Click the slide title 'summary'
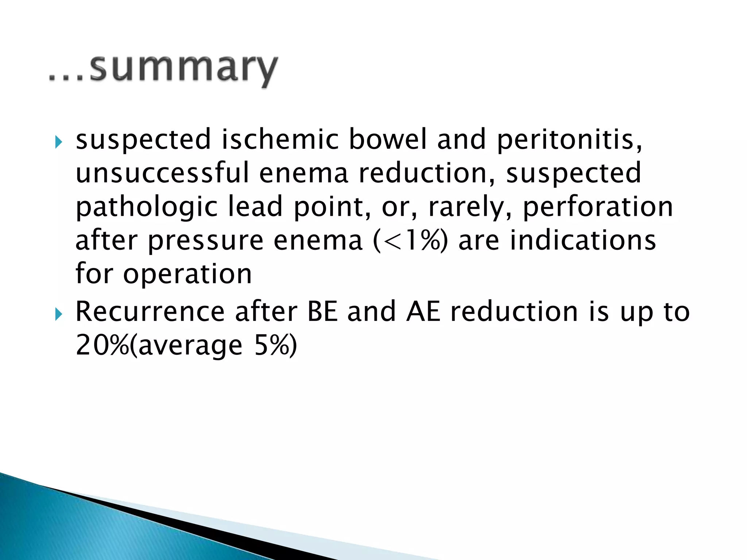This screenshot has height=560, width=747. coord(182,69)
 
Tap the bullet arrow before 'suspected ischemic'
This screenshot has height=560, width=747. coord(58,141)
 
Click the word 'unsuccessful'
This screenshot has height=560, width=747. coord(162,173)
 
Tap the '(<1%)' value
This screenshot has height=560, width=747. coord(410,241)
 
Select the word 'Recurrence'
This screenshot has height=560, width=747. coord(150,312)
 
